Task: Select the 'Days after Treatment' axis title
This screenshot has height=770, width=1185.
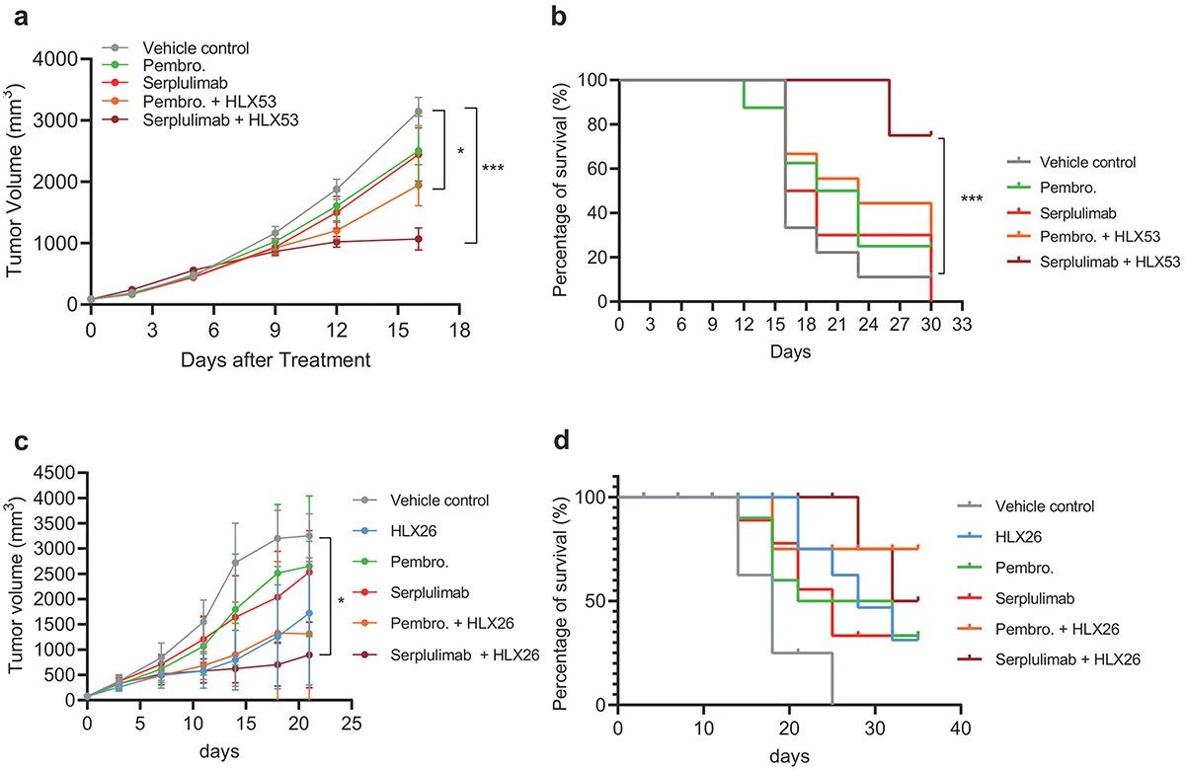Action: pyautogui.click(x=276, y=360)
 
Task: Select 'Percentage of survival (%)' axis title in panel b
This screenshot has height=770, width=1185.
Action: pyautogui.click(x=587, y=190)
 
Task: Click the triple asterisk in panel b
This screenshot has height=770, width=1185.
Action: pyautogui.click(x=972, y=200)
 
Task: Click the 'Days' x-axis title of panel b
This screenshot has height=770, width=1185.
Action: pyautogui.click(x=792, y=352)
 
